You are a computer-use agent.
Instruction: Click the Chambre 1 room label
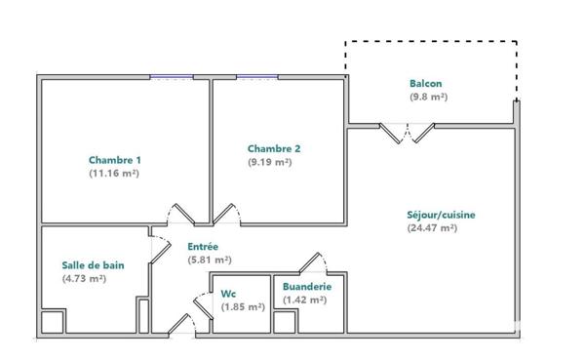(115, 160)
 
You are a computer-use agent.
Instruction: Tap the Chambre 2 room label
(273, 148)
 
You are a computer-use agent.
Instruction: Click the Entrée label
(202, 247)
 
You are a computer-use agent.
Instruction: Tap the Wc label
(229, 293)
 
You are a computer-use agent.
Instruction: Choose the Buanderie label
(307, 287)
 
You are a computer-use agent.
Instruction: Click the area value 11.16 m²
(115, 173)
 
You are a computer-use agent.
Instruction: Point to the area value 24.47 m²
(432, 228)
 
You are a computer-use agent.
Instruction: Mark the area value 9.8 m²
(428, 98)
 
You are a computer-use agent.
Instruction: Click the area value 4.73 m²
(84, 278)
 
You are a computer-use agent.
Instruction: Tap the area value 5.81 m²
(209, 260)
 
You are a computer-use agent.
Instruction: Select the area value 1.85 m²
(243, 306)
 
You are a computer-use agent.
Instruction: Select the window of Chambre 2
(257, 78)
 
